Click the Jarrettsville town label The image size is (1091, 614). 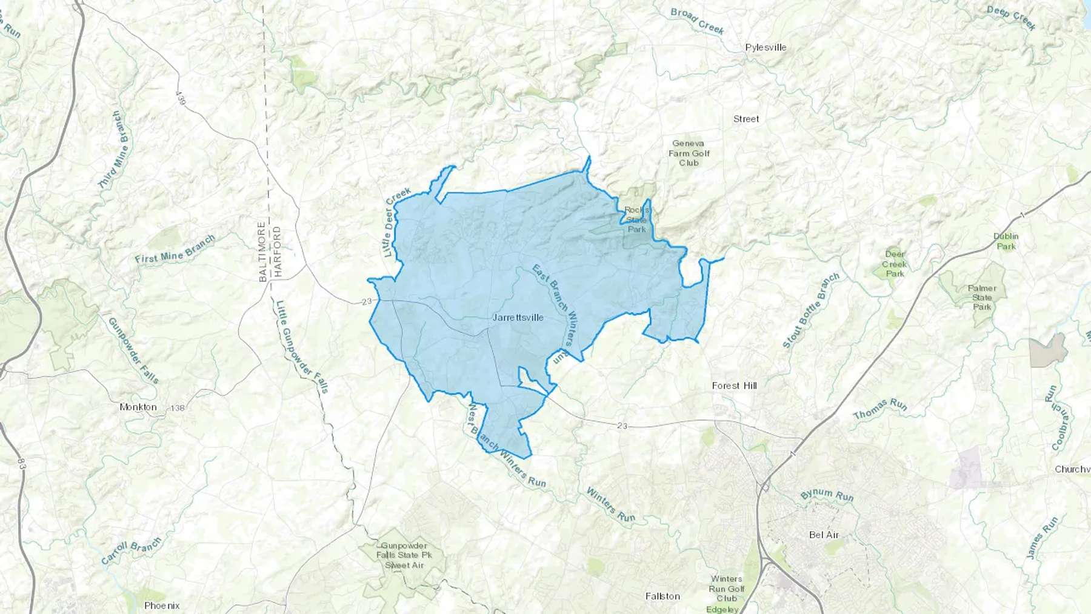click(518, 318)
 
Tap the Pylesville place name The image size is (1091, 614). click(766, 47)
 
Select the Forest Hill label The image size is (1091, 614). click(734, 385)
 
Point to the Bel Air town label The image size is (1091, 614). click(824, 535)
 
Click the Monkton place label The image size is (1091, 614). click(138, 407)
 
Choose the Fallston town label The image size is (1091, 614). click(662, 596)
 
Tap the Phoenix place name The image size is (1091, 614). click(162, 606)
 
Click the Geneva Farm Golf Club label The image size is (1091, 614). click(689, 153)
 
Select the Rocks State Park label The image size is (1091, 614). click(636, 219)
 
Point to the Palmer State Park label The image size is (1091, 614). click(982, 297)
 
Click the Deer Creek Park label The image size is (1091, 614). click(895, 264)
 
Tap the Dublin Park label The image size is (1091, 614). click(1006, 241)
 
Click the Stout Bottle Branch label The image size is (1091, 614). click(810, 310)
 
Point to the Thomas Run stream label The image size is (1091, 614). click(879, 409)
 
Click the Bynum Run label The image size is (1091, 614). click(827, 495)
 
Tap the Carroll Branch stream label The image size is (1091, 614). click(131, 550)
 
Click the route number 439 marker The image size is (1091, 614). click(180, 99)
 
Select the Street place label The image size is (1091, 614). click(746, 119)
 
